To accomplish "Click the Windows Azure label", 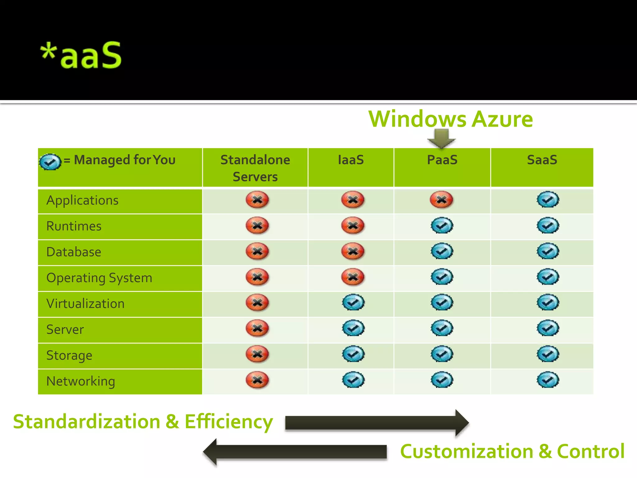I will [x=450, y=119].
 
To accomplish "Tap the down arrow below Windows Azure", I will [x=442, y=138].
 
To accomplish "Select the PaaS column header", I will [x=442, y=160].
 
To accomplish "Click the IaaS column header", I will [x=351, y=160].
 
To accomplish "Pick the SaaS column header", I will [x=542, y=160].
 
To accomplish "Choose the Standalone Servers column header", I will [x=255, y=168].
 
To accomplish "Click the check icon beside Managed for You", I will [x=50, y=162].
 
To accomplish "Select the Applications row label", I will [x=82, y=200].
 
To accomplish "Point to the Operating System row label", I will [x=99, y=278].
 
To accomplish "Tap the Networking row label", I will [x=81, y=381].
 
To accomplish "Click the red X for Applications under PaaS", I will [x=441, y=199].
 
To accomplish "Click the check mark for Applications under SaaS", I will [x=548, y=199].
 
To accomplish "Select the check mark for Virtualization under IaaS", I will [x=353, y=302].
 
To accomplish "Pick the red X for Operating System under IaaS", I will [x=353, y=277].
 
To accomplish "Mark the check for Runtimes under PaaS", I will [x=442, y=225].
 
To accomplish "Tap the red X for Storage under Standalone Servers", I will [x=257, y=354].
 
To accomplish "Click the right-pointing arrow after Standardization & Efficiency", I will [x=377, y=423].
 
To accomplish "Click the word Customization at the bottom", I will [x=467, y=452].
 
